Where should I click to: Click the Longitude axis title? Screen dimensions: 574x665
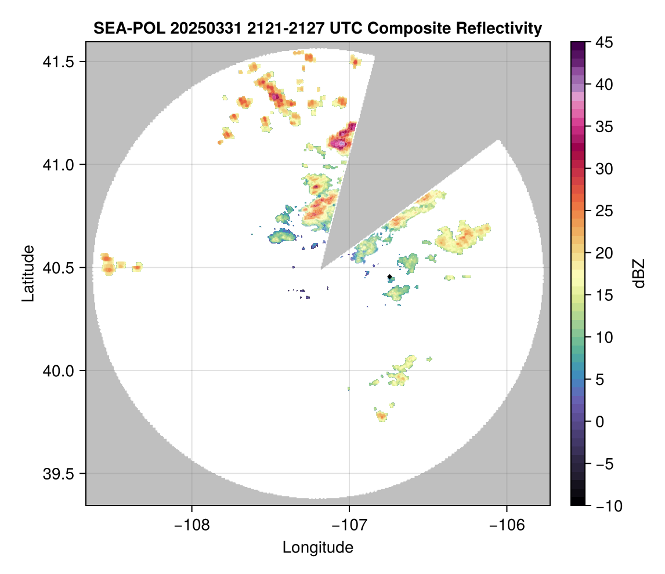click(318, 547)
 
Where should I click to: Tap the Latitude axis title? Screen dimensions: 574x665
click(28, 273)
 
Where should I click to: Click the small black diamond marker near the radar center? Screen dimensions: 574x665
click(389, 277)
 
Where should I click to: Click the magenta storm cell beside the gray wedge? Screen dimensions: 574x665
click(341, 139)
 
